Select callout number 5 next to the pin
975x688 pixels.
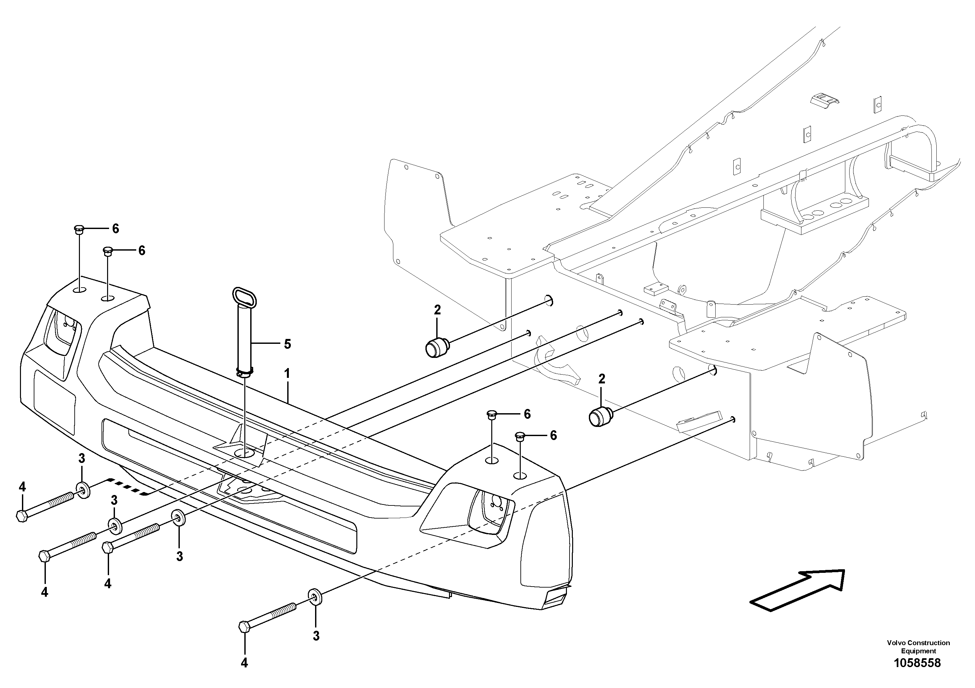pos(288,344)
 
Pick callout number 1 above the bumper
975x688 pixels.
pos(287,374)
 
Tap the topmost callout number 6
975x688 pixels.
pos(116,229)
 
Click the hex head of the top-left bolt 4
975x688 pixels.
pos(22,516)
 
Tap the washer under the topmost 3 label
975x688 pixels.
pos(83,490)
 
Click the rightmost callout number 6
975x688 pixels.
pos(553,436)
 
